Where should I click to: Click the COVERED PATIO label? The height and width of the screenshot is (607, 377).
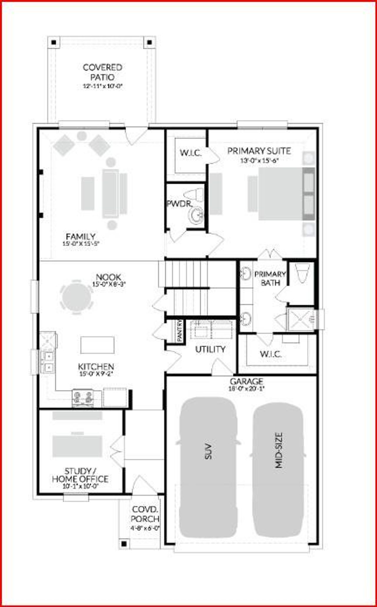[x=102, y=72]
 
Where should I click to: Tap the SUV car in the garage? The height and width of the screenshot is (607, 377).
[x=209, y=467]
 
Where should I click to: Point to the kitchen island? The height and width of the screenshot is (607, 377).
[x=97, y=345]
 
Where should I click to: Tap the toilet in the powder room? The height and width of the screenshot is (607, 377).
[x=194, y=195]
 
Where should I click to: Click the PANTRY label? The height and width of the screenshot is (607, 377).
[x=179, y=331]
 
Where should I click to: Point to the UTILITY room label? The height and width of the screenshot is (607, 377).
[x=210, y=349]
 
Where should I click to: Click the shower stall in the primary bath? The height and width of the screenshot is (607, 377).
[x=301, y=319]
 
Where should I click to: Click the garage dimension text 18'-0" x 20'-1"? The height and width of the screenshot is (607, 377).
[x=247, y=388]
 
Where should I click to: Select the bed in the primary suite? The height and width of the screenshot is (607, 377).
[x=281, y=194]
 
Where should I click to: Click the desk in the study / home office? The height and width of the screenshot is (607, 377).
[x=77, y=446]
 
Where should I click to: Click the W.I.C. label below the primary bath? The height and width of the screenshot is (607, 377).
[x=270, y=354]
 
